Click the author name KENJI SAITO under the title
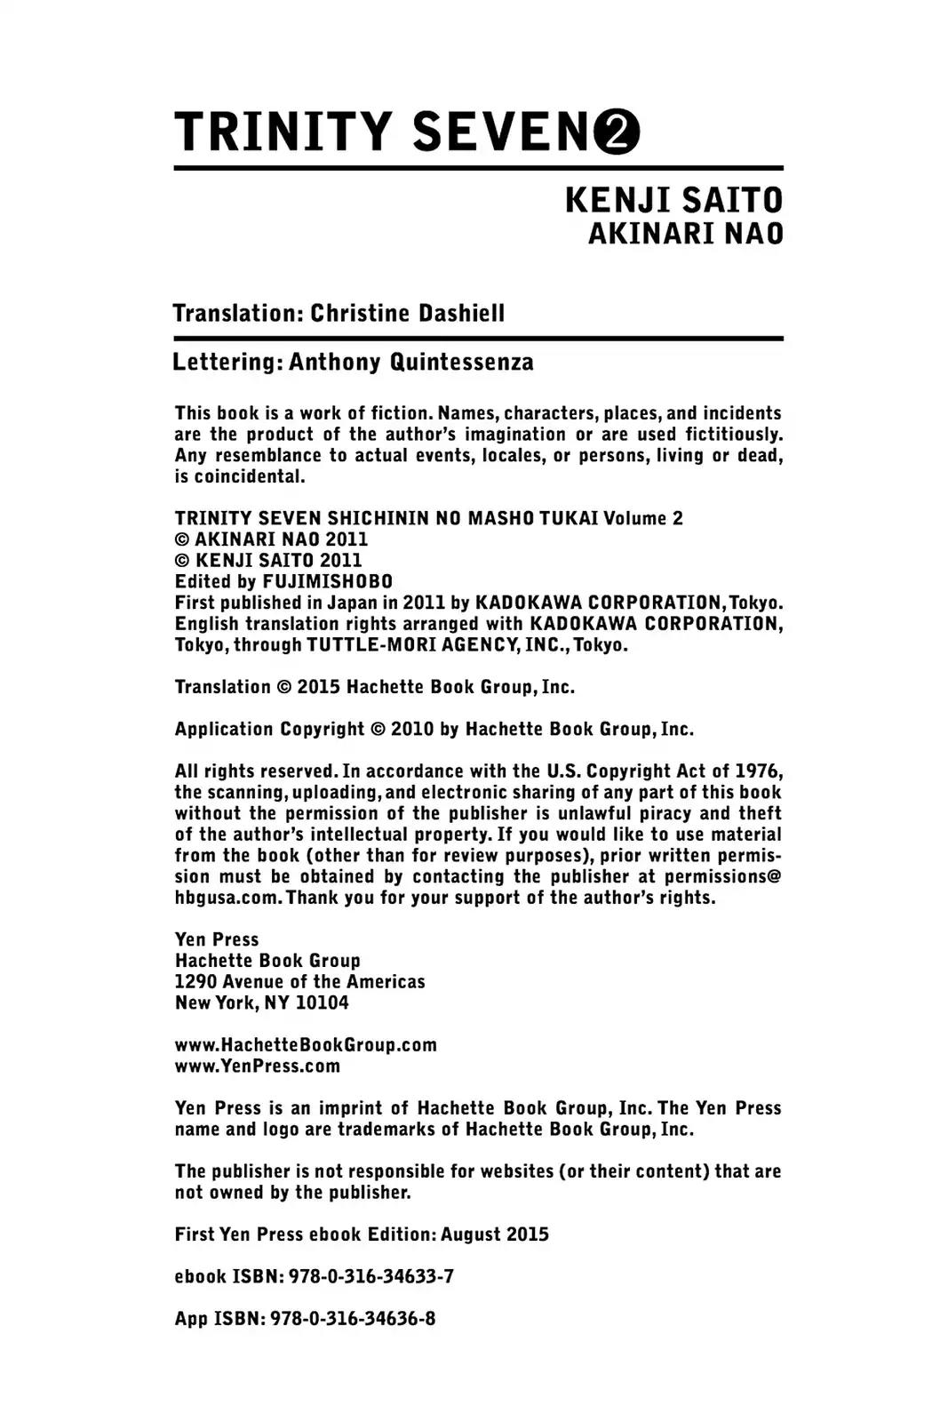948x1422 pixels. click(x=673, y=201)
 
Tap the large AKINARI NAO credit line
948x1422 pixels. click(x=685, y=234)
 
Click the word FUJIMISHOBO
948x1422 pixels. click(x=328, y=581)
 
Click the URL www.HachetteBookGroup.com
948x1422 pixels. click(x=306, y=1045)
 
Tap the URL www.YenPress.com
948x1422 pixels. click(x=258, y=1066)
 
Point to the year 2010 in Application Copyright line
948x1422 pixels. click(x=413, y=730)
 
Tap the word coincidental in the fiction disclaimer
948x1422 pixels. click(x=250, y=476)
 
